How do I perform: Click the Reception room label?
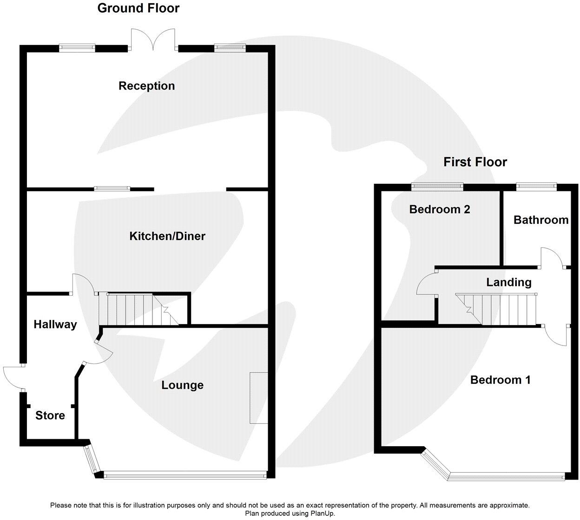(146, 86)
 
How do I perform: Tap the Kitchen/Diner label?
(167, 236)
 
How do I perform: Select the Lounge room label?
(182, 385)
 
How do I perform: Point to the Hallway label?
(55, 324)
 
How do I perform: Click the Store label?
(50, 415)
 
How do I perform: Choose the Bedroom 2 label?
(439, 209)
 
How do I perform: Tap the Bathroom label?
(540, 220)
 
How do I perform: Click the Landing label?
(508, 282)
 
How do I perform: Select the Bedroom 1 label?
(500, 380)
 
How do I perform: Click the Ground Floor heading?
(138, 8)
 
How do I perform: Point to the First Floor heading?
(475, 162)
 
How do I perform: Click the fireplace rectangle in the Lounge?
(258, 397)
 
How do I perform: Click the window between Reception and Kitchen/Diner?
(112, 188)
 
